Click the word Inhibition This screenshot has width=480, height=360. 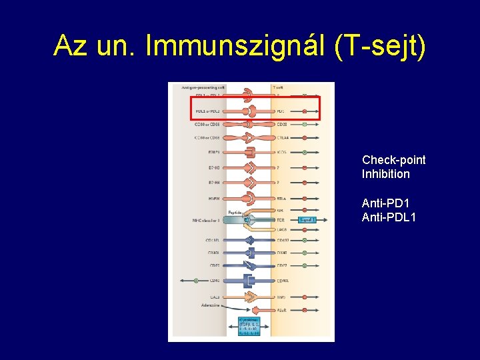click(385, 174)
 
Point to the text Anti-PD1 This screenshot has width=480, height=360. click(385, 203)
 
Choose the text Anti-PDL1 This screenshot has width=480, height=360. click(389, 216)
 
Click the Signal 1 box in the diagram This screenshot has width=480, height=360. click(307, 219)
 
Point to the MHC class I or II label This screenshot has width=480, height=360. click(205, 221)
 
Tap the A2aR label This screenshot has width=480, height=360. click(283, 311)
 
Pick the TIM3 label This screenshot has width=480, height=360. click(282, 297)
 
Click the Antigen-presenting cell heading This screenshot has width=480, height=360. click(198, 87)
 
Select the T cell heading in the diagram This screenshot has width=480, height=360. click(279, 87)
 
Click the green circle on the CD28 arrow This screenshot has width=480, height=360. click(305, 124)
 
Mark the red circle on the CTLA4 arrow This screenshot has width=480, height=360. click(305, 138)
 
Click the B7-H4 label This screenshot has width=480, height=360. click(213, 181)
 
